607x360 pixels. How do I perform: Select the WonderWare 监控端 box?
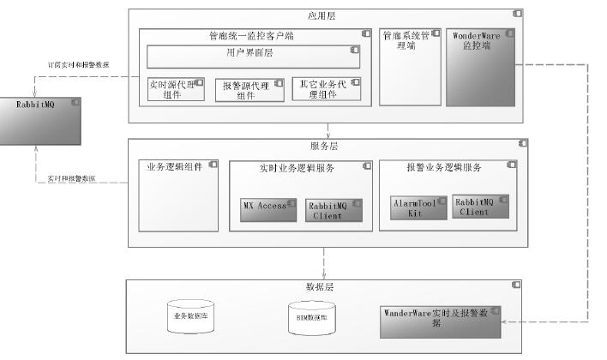coord(480,68)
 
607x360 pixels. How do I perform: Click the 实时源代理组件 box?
coord(176,89)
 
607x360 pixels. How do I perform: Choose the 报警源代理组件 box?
coord(249,90)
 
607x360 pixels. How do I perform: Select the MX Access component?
coord(265,210)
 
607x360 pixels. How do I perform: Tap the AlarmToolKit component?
coord(418,207)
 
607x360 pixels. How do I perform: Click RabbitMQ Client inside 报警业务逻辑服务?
coord(481,207)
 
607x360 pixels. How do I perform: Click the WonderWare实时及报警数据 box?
coord(439,318)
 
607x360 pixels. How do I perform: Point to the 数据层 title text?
coord(320,287)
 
